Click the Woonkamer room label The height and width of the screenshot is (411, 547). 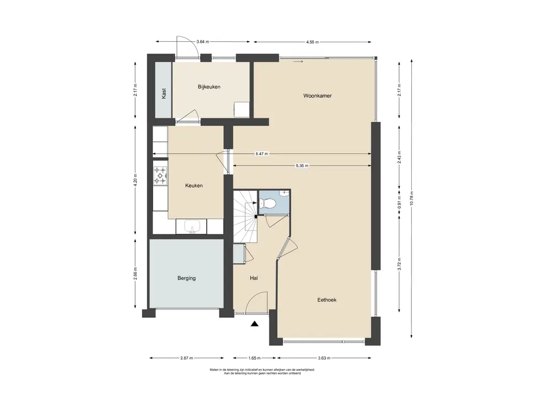tap(317, 95)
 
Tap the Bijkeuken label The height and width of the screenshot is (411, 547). tap(209, 87)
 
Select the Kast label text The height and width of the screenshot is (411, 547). tap(163, 93)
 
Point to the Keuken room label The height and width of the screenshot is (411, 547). tap(193, 186)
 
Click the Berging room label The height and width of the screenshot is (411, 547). tap(186, 278)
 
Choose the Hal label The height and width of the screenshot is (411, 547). tap(254, 278)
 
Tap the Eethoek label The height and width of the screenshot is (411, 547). tap(327, 300)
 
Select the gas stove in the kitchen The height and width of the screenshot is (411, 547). tap(160, 176)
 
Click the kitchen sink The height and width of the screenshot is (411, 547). tap(191, 226)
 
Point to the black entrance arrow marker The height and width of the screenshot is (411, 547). tap(255, 324)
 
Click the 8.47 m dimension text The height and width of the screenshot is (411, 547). tap(262, 154)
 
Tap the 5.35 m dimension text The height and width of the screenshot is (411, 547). tap(302, 166)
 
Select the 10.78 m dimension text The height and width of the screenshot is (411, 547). tap(412, 199)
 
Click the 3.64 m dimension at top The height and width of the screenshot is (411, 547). tap(202, 42)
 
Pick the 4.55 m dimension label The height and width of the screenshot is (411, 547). tap(312, 42)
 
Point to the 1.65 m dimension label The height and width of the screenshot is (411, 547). tap(254, 358)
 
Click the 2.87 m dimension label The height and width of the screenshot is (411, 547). tap(186, 358)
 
